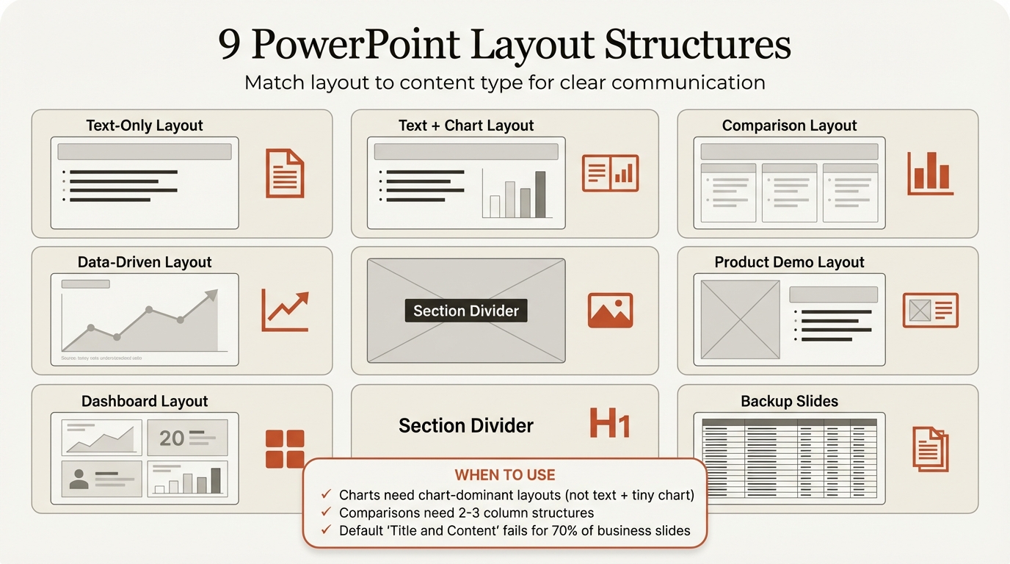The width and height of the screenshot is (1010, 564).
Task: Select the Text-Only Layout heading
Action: pyautogui.click(x=145, y=126)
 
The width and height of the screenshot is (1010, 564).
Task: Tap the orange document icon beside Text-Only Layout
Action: pyautogui.click(x=284, y=173)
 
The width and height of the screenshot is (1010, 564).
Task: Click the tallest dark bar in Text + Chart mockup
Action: pyautogui.click(x=540, y=194)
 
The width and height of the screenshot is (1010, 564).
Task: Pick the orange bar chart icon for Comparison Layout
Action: pyautogui.click(x=929, y=173)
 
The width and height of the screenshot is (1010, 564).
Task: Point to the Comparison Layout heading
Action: pyautogui.click(x=789, y=126)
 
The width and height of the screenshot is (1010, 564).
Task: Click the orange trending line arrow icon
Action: pyautogui.click(x=285, y=311)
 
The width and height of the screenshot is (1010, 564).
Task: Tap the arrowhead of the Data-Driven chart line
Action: pyautogui.click(x=211, y=295)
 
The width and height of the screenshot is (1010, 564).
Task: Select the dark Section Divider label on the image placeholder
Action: pyautogui.click(x=466, y=311)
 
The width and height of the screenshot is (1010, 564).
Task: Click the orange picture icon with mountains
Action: pyautogui.click(x=610, y=310)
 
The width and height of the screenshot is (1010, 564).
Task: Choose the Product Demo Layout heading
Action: pyautogui.click(x=789, y=262)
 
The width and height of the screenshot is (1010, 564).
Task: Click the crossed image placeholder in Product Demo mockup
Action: pyautogui.click(x=740, y=319)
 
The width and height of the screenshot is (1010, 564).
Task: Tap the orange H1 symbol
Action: pyautogui.click(x=610, y=424)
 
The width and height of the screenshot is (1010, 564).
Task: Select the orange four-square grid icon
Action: pyautogui.click(x=285, y=449)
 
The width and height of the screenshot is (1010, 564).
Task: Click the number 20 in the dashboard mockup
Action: pyautogui.click(x=172, y=438)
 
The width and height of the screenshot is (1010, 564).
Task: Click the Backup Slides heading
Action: pyautogui.click(x=789, y=401)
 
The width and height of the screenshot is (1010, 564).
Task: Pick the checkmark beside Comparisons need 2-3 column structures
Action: pyautogui.click(x=327, y=513)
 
